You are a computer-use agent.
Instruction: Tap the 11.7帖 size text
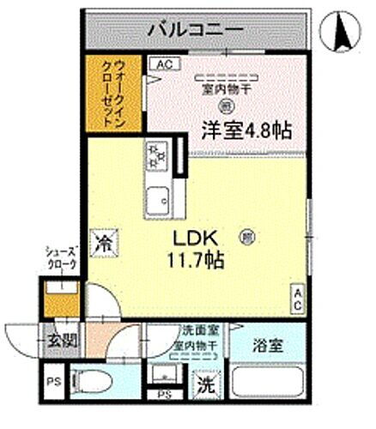(200, 258)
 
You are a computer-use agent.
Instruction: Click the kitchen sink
(158, 202)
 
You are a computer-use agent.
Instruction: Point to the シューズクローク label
(61, 258)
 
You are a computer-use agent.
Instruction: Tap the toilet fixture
(94, 378)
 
